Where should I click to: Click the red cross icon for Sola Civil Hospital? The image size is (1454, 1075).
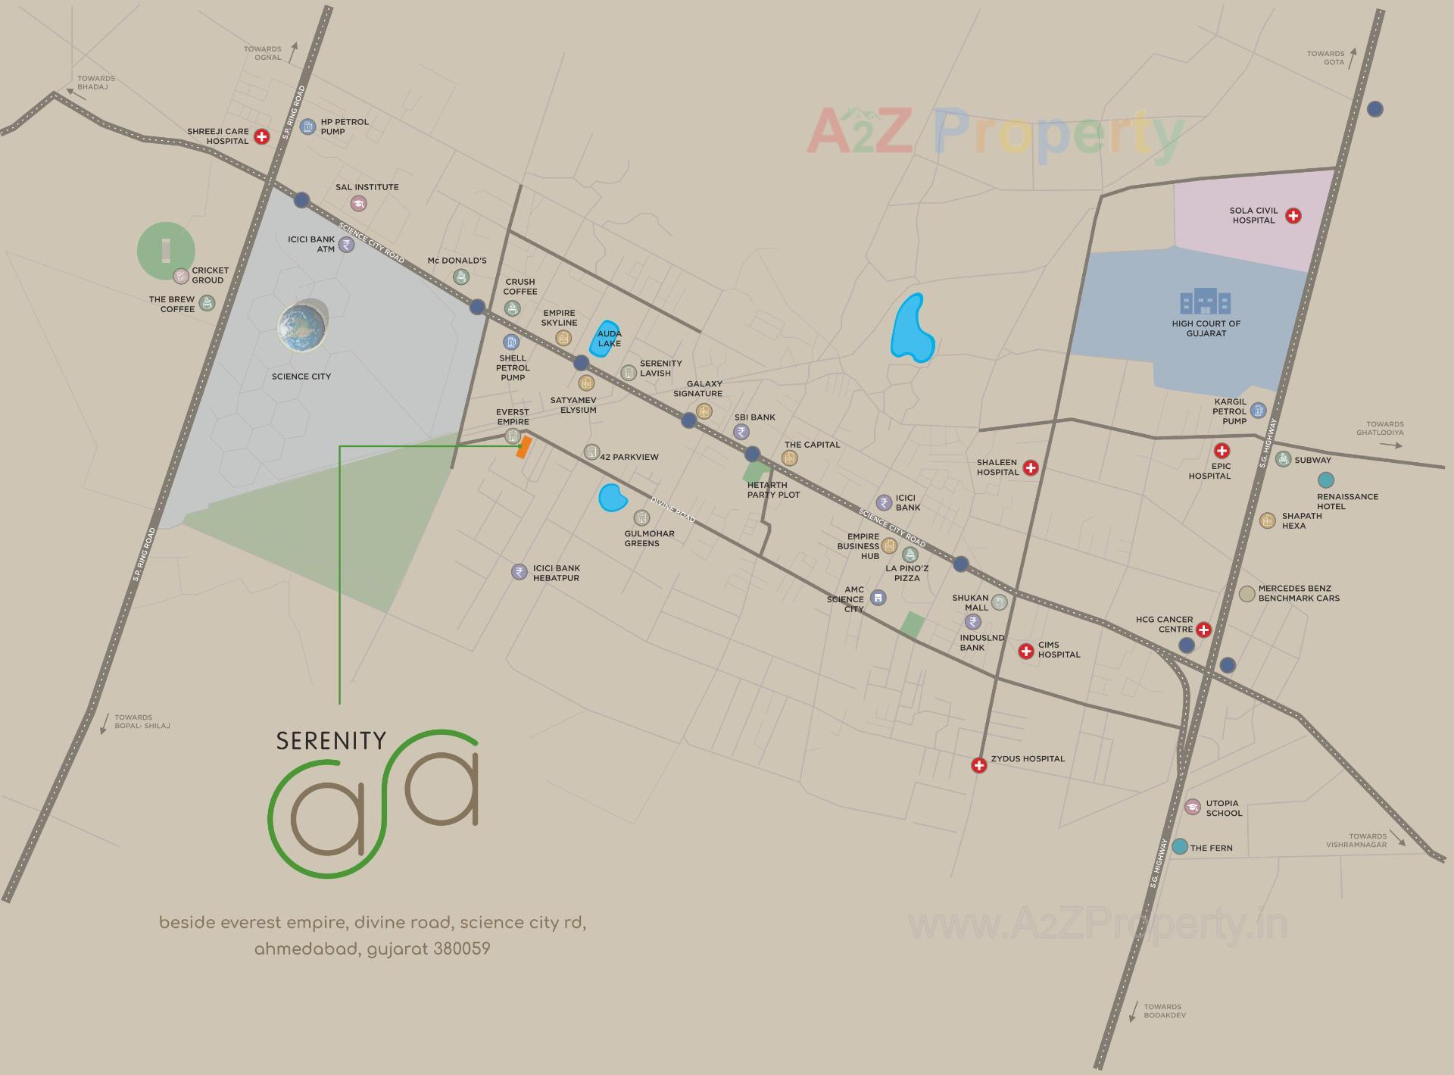point(1293,216)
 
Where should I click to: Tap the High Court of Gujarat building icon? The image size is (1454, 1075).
point(1205,302)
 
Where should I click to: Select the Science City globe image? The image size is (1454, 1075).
point(302,327)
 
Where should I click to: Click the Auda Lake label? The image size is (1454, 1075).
point(609,339)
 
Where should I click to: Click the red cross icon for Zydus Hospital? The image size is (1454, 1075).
point(979,765)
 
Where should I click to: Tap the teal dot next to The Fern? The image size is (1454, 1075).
point(1179,847)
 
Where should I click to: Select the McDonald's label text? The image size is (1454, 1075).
point(457,261)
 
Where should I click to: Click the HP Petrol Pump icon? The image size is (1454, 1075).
point(307,127)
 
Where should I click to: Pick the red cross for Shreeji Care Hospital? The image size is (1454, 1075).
point(261,136)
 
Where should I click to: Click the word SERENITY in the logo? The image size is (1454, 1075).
point(331,741)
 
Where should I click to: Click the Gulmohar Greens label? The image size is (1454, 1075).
point(649,538)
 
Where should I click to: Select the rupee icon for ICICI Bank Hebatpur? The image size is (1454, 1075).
point(519,572)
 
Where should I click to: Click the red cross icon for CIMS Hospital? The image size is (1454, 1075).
point(1026,651)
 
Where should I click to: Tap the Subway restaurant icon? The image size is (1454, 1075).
point(1283,459)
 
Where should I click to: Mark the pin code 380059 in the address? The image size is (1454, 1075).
point(462,949)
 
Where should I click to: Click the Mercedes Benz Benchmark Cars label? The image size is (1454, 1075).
point(1298,593)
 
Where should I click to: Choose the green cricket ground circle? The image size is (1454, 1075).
point(165,250)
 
